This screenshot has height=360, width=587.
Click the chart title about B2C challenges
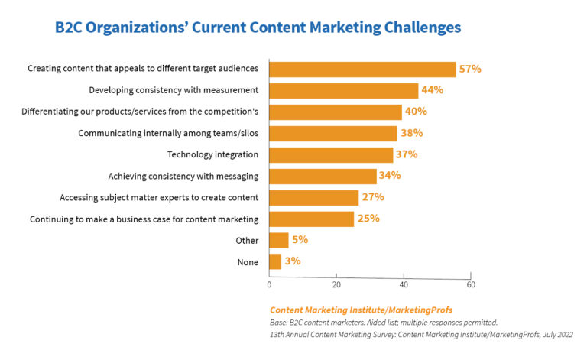click(258, 28)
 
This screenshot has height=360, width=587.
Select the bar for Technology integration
click(331, 154)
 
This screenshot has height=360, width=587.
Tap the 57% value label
click(469, 69)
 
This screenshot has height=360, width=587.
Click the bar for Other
click(278, 240)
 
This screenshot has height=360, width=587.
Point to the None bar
click(274, 261)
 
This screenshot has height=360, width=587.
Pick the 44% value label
click(432, 90)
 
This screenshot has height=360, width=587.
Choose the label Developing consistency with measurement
click(174, 90)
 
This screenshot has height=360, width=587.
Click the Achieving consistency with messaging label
click(183, 176)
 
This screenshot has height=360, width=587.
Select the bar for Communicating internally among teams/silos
click(332, 133)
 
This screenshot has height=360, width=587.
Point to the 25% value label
click(369, 219)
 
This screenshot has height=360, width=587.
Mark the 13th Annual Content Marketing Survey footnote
click(421, 335)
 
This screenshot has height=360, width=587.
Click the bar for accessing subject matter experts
click(313, 197)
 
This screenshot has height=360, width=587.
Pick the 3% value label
click(292, 261)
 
